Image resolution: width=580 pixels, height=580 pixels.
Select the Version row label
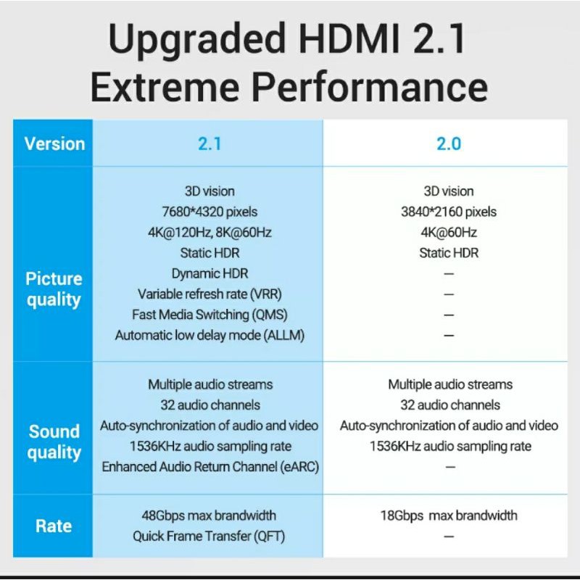[54, 144]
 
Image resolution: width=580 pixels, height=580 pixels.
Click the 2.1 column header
[210, 144]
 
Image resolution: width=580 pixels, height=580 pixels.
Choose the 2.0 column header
[448, 144]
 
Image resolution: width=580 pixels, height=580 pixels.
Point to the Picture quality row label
[54, 289]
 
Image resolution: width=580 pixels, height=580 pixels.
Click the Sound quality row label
[54, 442]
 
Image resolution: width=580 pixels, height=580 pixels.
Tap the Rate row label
[54, 526]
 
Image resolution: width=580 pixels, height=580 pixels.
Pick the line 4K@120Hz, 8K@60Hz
[210, 233]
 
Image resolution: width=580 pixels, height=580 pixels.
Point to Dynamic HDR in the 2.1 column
[210, 273]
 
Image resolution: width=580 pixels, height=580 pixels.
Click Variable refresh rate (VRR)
[210, 294]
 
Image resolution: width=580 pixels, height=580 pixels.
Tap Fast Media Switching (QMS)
[210, 315]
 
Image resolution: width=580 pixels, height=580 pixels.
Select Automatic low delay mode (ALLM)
[210, 336]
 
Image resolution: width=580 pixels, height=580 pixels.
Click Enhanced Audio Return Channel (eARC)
[210, 466]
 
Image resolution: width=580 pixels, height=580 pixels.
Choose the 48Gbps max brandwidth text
[210, 515]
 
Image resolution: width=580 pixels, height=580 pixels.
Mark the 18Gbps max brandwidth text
[448, 515]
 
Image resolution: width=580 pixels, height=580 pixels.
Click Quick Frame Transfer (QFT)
[210, 536]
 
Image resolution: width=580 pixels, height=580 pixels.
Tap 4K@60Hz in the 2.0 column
[448, 233]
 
